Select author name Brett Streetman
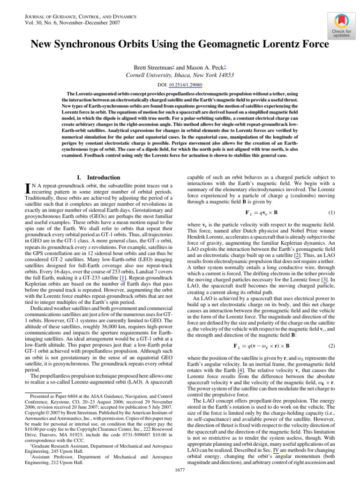pos(152,67)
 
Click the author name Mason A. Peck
pos(196,67)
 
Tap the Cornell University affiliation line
pos(180,75)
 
